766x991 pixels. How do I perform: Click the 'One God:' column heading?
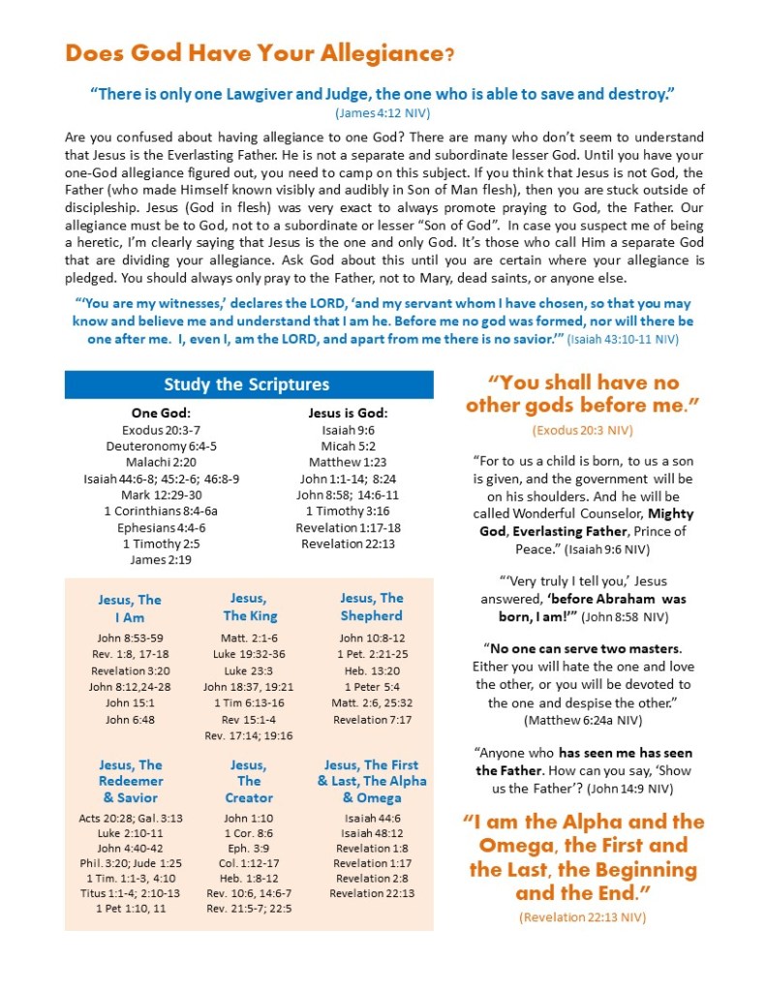(x=161, y=413)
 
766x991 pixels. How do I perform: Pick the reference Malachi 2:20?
(x=161, y=461)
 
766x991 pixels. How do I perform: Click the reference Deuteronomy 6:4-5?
(x=161, y=446)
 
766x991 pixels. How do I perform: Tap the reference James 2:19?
(x=161, y=560)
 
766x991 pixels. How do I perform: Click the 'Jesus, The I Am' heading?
(x=129, y=607)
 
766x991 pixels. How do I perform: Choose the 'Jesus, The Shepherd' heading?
(x=371, y=606)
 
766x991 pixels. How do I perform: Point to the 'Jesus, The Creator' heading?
(x=249, y=781)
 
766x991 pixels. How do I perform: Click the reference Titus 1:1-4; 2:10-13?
(x=129, y=892)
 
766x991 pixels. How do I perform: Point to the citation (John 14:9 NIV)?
(x=633, y=788)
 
